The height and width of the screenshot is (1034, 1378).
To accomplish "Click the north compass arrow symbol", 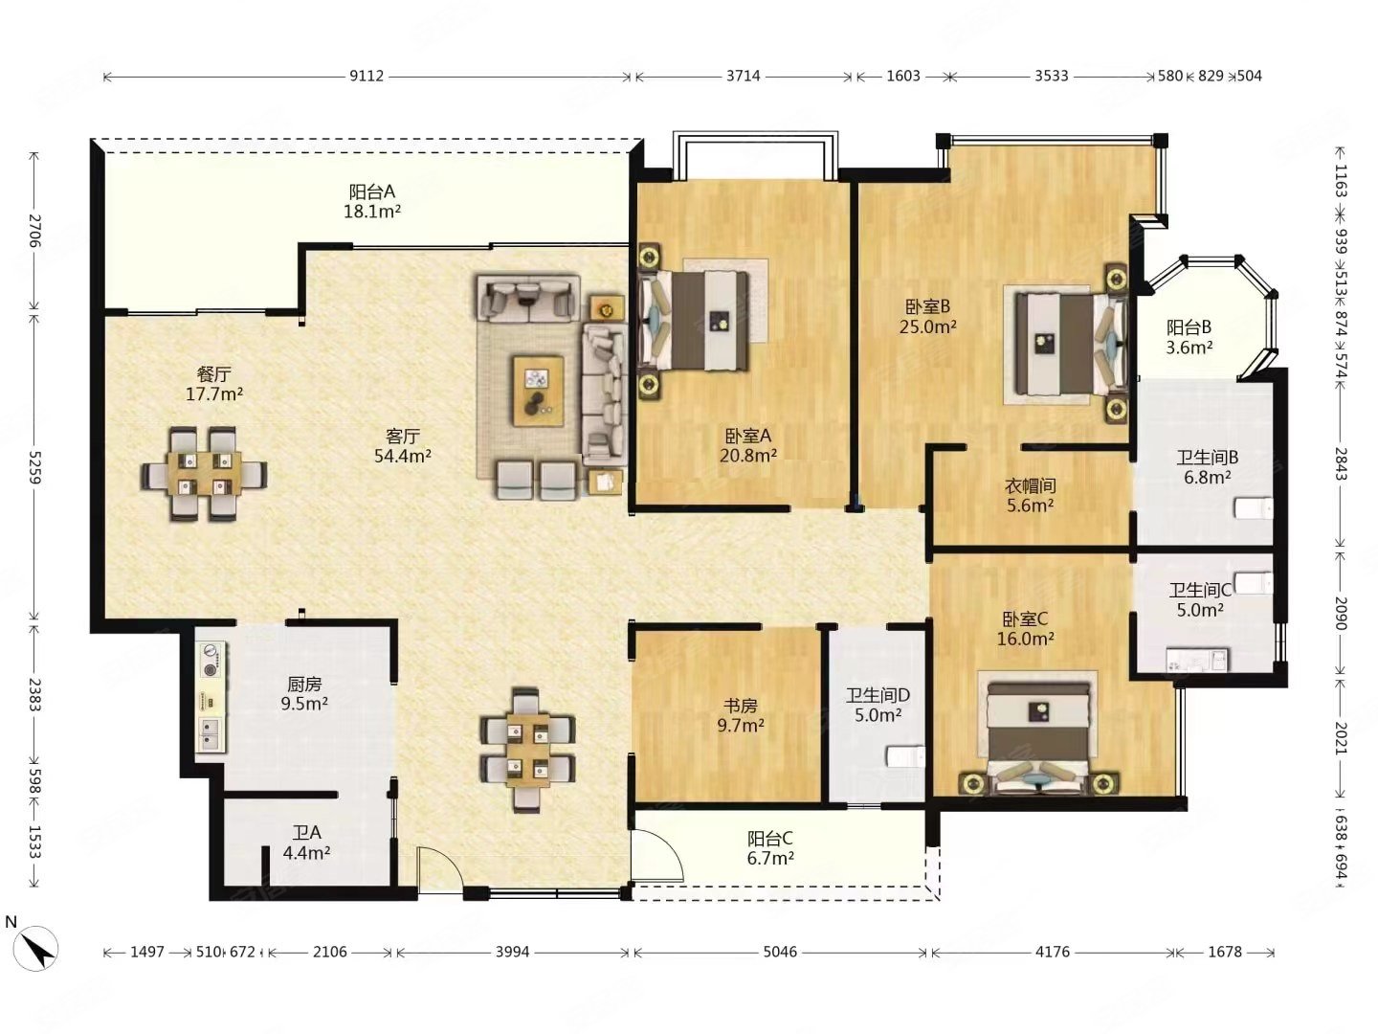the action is point(36,948).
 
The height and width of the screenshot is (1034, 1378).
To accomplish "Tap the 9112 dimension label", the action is point(367,76).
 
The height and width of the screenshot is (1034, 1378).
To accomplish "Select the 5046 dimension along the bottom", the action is point(780,952).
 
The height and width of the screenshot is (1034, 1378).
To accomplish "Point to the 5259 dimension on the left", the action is point(34,468).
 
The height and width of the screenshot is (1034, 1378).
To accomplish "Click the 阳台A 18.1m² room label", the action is point(372,201).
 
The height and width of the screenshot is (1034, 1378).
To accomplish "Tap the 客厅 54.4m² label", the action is point(403,446).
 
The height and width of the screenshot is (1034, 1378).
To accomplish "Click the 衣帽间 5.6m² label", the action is point(1031,495).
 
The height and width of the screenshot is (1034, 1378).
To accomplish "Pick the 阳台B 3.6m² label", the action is point(1189,337).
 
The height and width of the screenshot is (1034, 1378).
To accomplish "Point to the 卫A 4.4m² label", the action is point(306,843).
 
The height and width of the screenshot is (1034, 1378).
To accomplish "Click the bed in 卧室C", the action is point(1038,736).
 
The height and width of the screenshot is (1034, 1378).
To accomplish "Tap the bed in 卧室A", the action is point(694,320).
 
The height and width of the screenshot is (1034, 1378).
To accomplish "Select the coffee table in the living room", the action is point(538,392).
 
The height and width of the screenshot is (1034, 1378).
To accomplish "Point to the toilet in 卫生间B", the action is point(1253,508).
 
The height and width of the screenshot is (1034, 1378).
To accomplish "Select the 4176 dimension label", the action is point(1053,952).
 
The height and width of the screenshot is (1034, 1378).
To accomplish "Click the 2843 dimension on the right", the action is point(1341,464).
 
